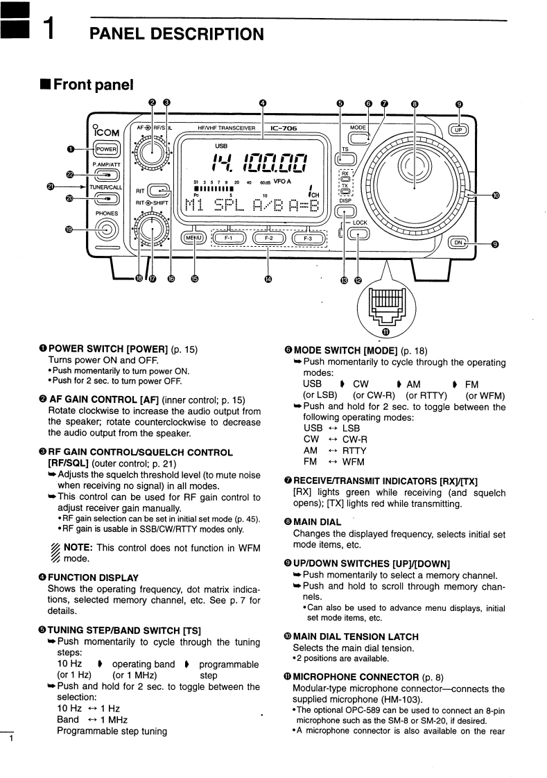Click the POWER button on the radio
tap(107, 149)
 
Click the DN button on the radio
tap(458, 243)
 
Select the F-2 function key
tap(268, 238)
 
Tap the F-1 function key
tap(229, 238)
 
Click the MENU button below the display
tap(193, 238)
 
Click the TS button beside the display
tap(346, 159)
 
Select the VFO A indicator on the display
tap(281, 182)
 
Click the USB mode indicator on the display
tap(221, 146)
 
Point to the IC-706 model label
tap(284, 128)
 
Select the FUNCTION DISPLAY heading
tap(93, 578)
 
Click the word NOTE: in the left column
tap(78, 547)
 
